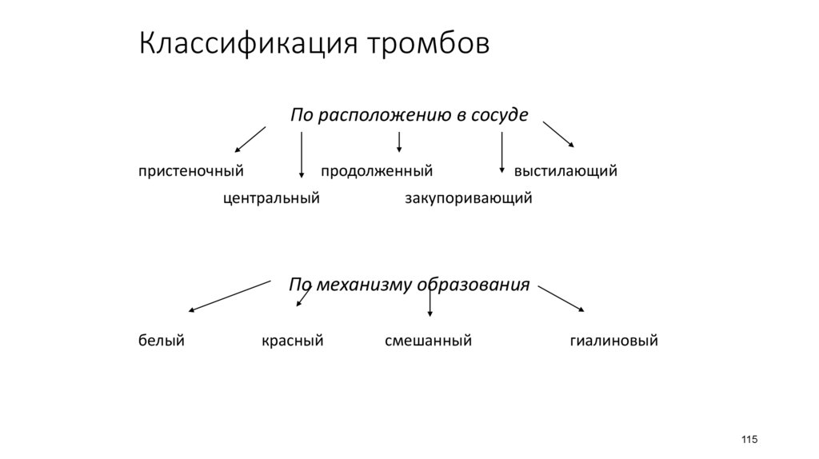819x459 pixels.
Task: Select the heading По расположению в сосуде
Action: [x=409, y=114]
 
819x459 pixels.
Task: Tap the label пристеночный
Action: [x=190, y=171]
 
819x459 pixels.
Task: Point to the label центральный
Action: [x=271, y=198]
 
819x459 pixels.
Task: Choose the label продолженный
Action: [x=377, y=171]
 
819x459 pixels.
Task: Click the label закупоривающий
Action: [x=468, y=198]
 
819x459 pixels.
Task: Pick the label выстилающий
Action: [x=565, y=171]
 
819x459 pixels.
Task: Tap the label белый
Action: [x=162, y=341]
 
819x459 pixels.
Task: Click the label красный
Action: [x=292, y=341]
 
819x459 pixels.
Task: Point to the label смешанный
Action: [x=428, y=341]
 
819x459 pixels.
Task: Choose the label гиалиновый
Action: [x=613, y=341]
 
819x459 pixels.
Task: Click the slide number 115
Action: [x=749, y=441]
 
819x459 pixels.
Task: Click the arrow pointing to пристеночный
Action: [x=250, y=138]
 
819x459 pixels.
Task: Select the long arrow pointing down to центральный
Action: [x=302, y=154]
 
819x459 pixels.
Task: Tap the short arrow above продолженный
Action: [x=399, y=142]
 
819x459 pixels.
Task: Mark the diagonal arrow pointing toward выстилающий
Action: [x=558, y=134]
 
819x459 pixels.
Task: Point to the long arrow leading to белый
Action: [x=230, y=296]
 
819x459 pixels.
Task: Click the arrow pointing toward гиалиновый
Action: [x=562, y=297]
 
